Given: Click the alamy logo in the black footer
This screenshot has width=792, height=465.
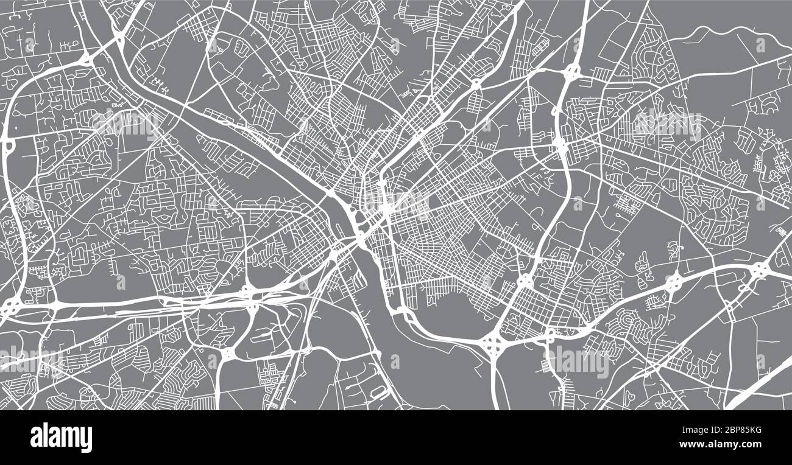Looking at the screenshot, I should click(x=61, y=437).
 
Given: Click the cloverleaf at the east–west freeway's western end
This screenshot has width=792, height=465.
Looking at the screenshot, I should click(x=10, y=306).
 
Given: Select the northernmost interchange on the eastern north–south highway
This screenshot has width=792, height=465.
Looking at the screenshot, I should click(x=572, y=72).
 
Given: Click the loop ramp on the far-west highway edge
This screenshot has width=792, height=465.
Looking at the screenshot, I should click(x=9, y=146).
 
